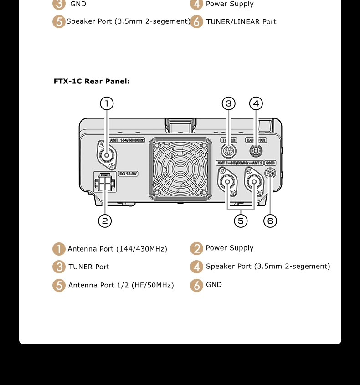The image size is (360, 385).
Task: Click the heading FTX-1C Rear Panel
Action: (92, 81)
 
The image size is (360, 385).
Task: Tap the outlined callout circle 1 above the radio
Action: (107, 103)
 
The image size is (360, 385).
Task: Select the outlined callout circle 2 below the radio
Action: (105, 221)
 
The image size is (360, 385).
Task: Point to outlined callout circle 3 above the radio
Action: (229, 103)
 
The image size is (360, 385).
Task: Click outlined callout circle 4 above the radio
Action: (256, 103)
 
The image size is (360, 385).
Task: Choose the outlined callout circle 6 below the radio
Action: (270, 221)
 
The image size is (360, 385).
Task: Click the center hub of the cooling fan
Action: (180, 169)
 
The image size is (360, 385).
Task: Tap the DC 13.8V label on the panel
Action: (128, 174)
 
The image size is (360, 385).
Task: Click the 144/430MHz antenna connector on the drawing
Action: (107, 155)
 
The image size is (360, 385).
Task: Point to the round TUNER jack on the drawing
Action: (228, 151)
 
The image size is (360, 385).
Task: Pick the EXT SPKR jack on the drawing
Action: (256, 151)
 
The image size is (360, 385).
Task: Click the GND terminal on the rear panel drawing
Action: (270, 173)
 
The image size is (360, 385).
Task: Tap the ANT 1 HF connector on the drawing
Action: (227, 182)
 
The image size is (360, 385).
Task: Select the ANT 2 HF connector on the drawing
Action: (254, 181)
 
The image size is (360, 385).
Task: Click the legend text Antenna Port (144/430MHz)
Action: (118, 249)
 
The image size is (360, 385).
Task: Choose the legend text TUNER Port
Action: (89, 267)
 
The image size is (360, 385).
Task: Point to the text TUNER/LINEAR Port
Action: (241, 21)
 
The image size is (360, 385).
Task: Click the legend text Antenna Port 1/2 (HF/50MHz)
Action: (121, 285)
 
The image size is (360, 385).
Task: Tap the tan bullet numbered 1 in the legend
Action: (59, 249)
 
